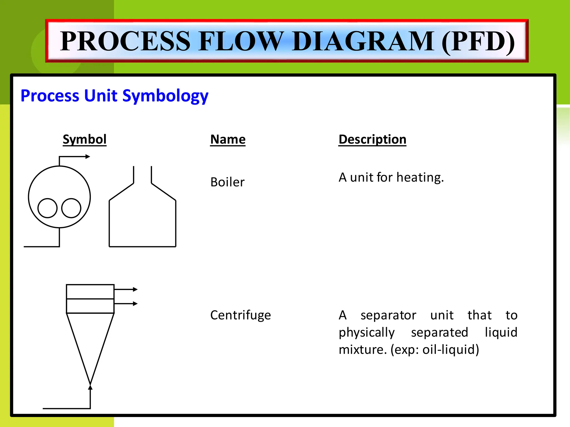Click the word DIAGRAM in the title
363,41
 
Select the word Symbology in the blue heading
165,96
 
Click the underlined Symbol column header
85,139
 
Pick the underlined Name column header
228,139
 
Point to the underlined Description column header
372,139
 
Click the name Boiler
227,182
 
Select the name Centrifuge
240,315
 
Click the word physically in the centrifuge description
367,332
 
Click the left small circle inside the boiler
47,208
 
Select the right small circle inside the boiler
71,208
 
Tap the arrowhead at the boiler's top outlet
88,157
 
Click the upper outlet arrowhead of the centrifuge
135,289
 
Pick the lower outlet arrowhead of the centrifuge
135,304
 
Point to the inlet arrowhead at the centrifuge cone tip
90,387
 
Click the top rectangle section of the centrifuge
90,292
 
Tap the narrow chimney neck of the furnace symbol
142,175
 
